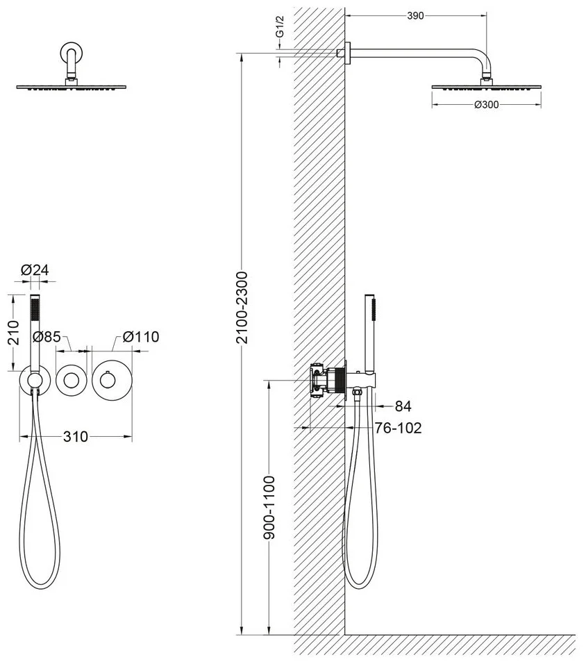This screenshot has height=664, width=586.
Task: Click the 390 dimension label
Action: (x=415, y=16)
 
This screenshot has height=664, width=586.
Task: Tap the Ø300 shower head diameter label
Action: (x=487, y=104)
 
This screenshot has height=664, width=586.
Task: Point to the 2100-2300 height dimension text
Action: (x=242, y=308)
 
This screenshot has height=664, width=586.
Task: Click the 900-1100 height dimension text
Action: (x=269, y=507)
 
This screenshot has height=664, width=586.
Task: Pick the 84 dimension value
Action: (x=403, y=406)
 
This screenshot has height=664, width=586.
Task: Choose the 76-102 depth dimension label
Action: (x=398, y=428)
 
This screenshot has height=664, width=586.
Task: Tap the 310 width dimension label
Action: (x=76, y=436)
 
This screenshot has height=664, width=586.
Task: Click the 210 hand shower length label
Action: (x=13, y=333)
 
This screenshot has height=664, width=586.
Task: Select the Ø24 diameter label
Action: (x=35, y=269)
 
